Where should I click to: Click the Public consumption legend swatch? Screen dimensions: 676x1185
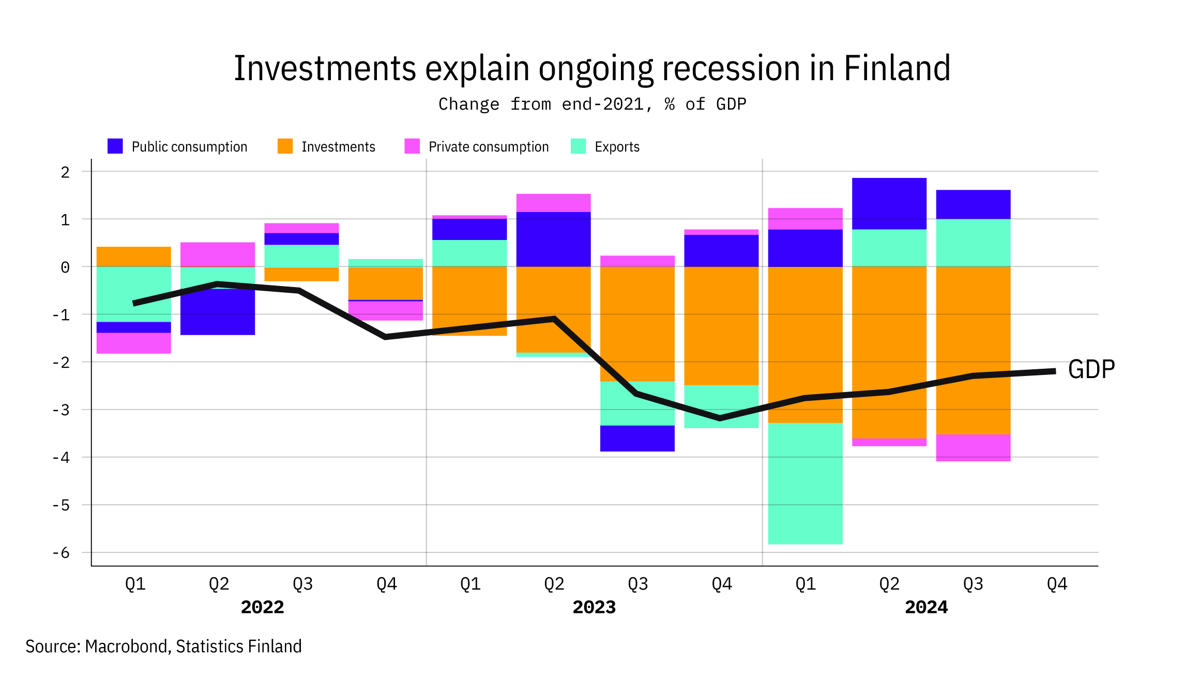[115, 146]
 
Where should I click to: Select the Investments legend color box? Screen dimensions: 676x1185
[285, 146]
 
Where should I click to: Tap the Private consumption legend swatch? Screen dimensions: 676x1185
[412, 146]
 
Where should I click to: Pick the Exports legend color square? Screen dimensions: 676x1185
[578, 146]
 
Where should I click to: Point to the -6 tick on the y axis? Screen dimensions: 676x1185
[61, 553]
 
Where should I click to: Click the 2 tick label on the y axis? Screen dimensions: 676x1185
[65, 172]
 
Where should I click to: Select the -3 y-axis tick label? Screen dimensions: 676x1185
[61, 410]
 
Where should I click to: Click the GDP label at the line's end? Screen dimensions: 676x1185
[1091, 370]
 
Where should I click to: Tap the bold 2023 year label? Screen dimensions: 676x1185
[594, 607]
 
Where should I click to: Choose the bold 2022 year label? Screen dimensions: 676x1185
[262, 607]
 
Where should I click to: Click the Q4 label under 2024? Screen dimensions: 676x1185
[1057, 584]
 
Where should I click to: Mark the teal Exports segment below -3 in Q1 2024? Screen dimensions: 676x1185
[805, 484]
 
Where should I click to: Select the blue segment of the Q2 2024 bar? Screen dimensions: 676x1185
[889, 203]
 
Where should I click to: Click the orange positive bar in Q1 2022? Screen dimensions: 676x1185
[133, 257]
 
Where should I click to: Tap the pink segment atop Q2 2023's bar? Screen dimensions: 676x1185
[553, 203]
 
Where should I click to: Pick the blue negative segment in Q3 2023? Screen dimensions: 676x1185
[637, 439]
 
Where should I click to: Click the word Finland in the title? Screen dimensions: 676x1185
[897, 68]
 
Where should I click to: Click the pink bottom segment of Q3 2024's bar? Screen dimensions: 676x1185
[973, 447]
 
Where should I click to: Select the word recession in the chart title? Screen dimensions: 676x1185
[731, 68]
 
